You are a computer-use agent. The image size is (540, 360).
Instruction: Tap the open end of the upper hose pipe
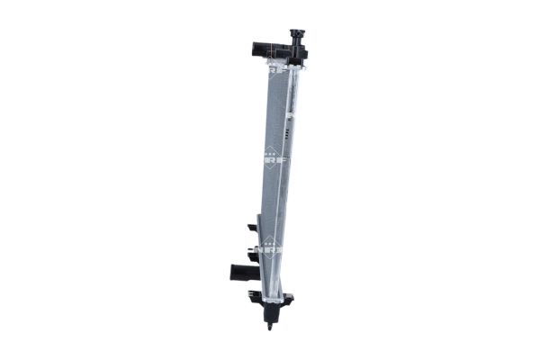(x=254, y=49)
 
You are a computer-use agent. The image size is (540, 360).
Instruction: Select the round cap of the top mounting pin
(x=293, y=34)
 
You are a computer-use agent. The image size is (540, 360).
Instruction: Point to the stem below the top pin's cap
(x=293, y=42)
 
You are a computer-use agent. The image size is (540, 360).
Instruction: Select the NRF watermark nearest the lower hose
(x=270, y=243)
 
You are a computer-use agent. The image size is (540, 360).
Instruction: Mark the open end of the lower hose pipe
(x=233, y=272)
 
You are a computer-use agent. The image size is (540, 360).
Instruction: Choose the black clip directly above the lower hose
(x=251, y=253)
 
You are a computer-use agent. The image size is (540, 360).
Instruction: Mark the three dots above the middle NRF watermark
(x=270, y=148)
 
